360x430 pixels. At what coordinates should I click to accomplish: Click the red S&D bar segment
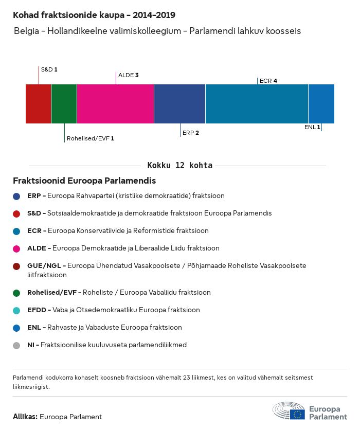[x=38, y=104]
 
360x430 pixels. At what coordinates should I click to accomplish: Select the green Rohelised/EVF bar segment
[x=64, y=104]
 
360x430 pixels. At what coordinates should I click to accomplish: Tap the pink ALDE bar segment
[x=115, y=104]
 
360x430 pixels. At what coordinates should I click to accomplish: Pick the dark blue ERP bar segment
[x=179, y=104]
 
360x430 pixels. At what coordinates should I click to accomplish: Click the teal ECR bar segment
[x=257, y=104]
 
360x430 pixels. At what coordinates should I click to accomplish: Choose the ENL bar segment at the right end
[x=321, y=104]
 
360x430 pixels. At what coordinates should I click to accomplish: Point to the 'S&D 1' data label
[x=49, y=69]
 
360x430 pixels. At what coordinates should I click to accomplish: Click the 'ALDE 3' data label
[x=129, y=75]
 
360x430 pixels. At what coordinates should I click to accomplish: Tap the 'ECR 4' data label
[x=268, y=81]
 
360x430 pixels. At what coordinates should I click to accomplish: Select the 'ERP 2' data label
[x=190, y=133]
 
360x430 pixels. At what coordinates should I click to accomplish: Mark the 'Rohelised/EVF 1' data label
[x=91, y=138]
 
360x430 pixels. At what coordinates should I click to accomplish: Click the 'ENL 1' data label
[x=312, y=127]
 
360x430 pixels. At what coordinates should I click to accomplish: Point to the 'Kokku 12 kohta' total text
[x=180, y=166]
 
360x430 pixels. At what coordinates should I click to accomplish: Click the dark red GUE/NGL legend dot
[x=17, y=266]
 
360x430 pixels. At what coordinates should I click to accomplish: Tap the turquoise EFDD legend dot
[x=17, y=310]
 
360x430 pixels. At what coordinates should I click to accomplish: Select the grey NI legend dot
[x=17, y=345]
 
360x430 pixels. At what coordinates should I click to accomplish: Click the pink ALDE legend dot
[x=17, y=248]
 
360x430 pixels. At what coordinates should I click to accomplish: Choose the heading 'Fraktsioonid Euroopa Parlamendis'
[x=84, y=181]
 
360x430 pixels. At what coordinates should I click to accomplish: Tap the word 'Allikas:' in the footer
[x=25, y=417]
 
